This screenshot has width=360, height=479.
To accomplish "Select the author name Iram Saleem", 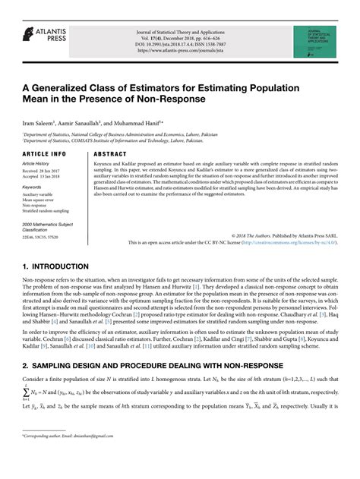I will click(x=39, y=121).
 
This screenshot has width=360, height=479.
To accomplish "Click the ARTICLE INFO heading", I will click(x=45, y=153).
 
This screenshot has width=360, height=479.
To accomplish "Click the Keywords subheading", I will click(x=33, y=186).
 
